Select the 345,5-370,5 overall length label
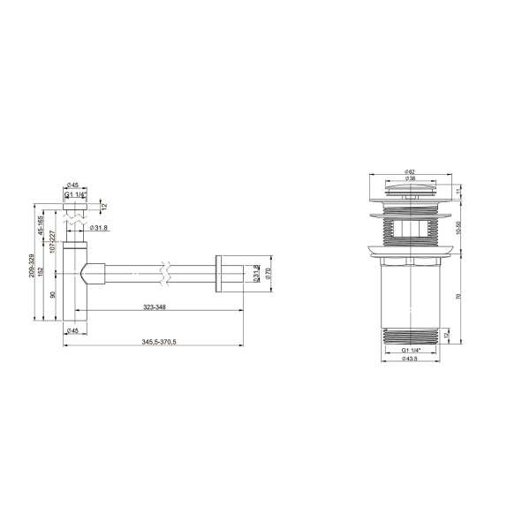click(x=155, y=341)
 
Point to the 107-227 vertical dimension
click(x=53, y=253)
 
